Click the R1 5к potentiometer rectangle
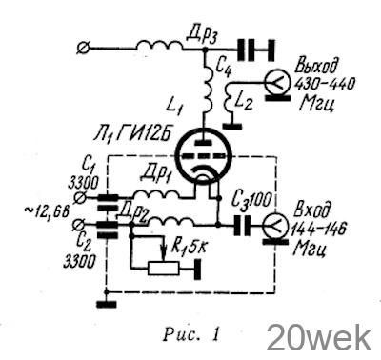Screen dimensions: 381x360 tap(163, 269)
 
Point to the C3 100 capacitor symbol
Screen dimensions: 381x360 tap(243, 226)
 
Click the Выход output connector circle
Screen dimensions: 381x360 tap(276, 82)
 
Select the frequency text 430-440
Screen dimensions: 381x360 tap(324, 85)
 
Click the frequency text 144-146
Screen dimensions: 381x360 tap(319, 229)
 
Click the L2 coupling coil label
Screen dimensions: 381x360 tap(244, 102)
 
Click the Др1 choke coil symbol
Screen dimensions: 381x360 tap(158, 194)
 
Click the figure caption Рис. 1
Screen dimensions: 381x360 tap(191, 334)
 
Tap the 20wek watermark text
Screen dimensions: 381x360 tap(319, 338)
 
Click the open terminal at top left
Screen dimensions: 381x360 tap(84, 49)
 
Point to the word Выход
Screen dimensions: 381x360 tap(316, 67)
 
